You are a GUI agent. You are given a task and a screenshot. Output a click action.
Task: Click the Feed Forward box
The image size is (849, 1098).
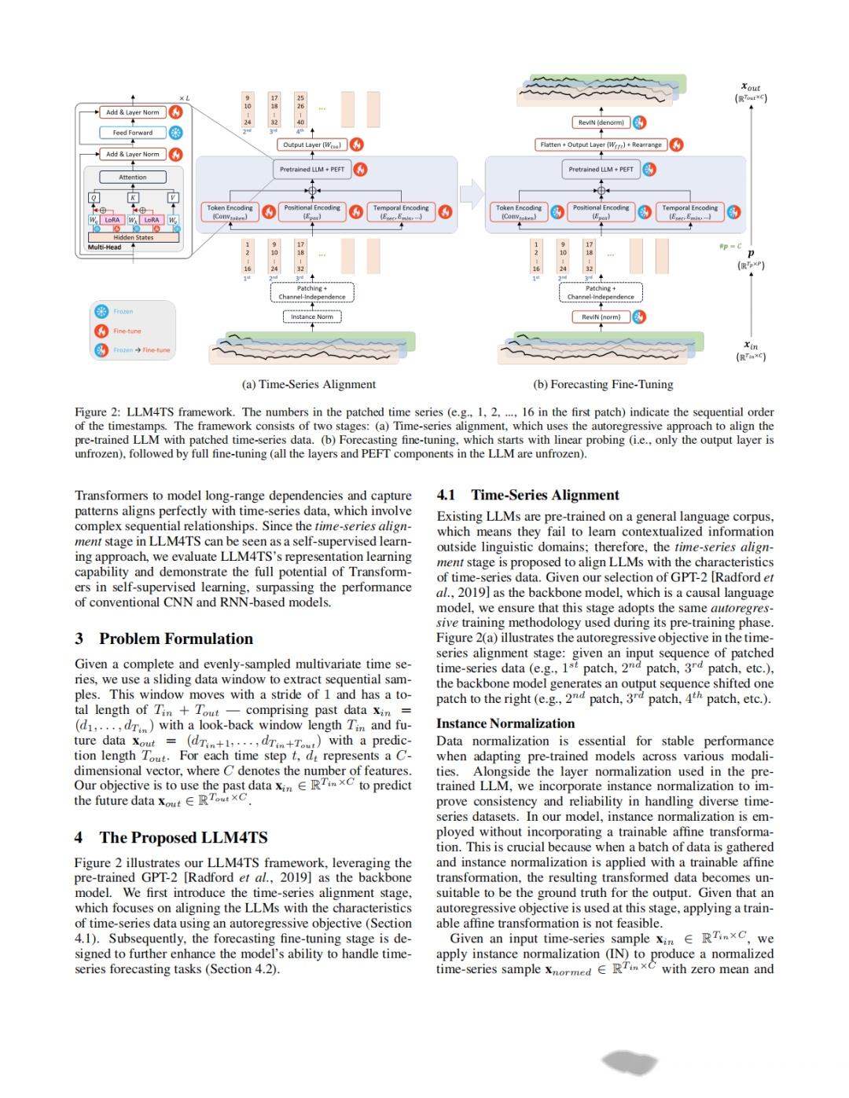[132, 133]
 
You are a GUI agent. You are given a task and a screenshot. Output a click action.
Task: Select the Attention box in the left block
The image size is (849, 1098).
[132, 177]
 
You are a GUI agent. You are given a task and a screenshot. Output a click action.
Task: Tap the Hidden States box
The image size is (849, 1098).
[134, 237]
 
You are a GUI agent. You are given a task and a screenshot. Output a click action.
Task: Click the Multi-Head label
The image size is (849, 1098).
[105, 247]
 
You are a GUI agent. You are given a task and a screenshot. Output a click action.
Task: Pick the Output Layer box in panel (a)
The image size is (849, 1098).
[313, 145]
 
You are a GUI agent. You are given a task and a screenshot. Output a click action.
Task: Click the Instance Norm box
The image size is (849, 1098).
[312, 317]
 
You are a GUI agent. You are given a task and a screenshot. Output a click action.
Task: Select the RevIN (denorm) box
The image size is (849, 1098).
[601, 122]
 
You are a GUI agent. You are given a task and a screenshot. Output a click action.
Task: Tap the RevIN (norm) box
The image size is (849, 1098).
[601, 317]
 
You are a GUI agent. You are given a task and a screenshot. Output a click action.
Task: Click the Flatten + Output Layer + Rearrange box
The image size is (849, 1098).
[601, 145]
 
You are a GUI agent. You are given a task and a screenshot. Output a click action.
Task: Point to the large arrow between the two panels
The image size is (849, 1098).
[471, 192]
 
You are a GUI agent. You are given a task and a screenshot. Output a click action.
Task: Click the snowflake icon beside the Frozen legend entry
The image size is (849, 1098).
[101, 312]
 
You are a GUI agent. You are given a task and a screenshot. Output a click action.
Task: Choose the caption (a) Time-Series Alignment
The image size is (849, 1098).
[308, 384]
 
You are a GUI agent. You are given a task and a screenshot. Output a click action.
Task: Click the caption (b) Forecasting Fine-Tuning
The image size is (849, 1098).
[603, 384]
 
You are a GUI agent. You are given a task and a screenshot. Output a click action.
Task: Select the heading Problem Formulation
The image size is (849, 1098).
[176, 639]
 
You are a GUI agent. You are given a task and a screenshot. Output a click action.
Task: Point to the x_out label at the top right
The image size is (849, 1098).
[751, 88]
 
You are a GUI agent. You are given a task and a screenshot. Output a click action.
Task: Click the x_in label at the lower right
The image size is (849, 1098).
[751, 345]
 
